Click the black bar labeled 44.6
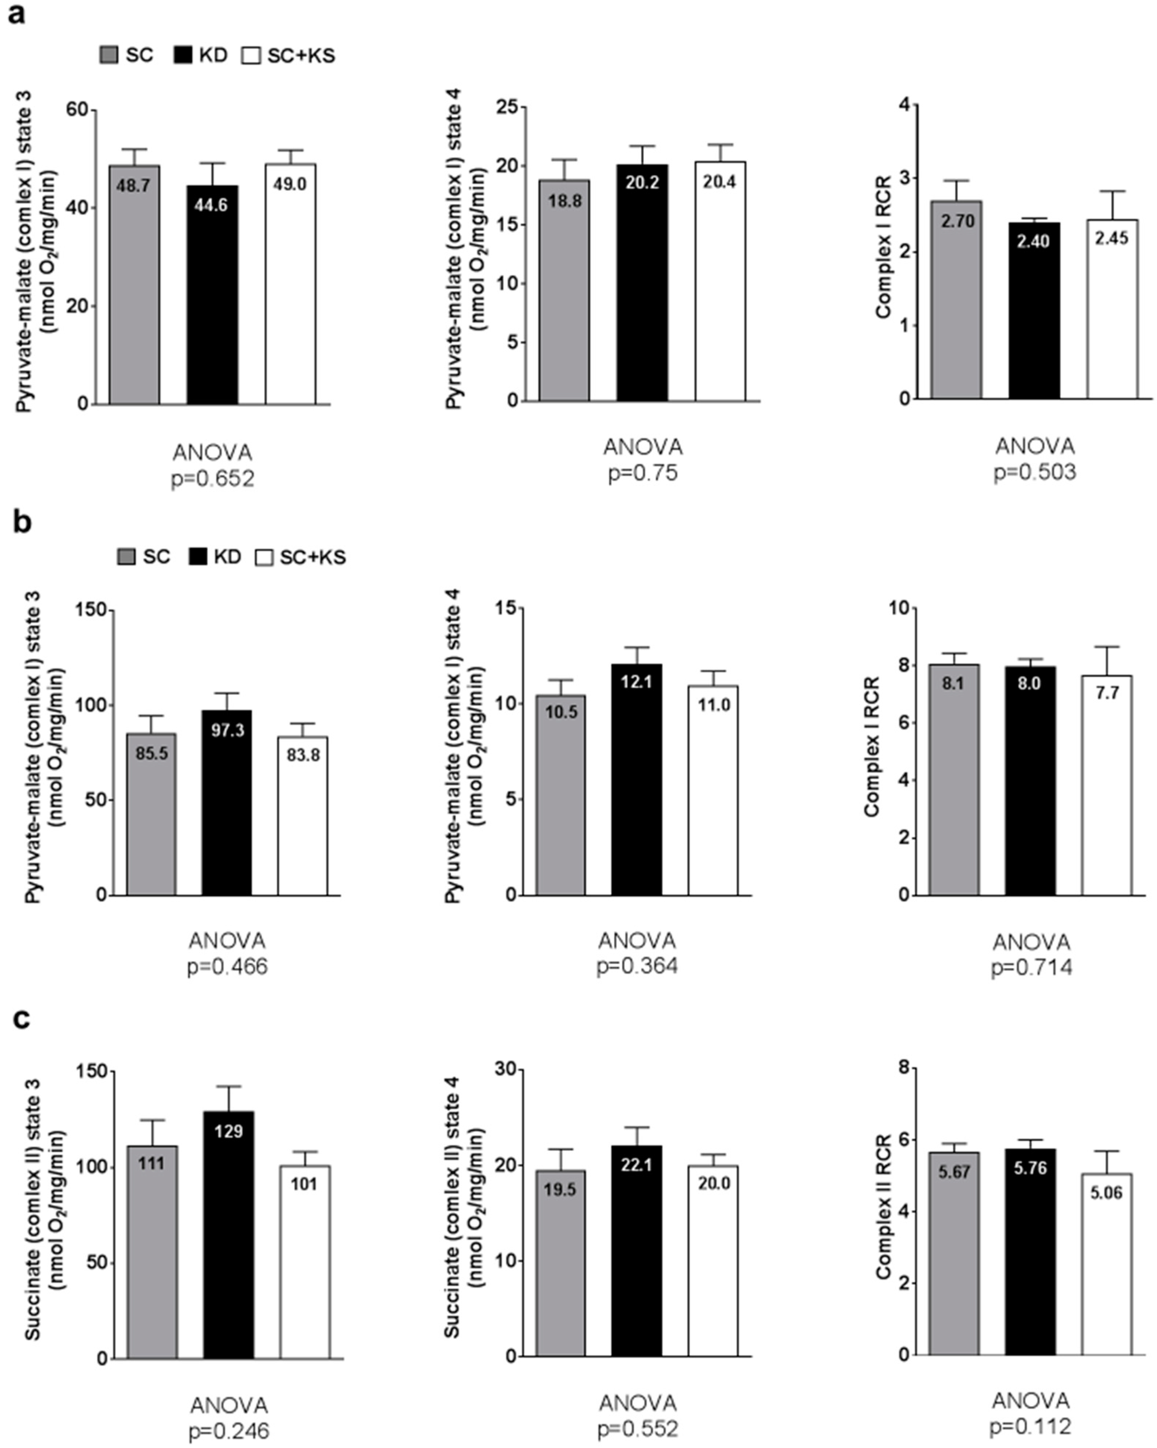tap(212, 295)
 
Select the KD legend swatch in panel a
tap(182, 55)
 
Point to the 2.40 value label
tap(1033, 241)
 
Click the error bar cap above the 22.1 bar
tap(637, 1128)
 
